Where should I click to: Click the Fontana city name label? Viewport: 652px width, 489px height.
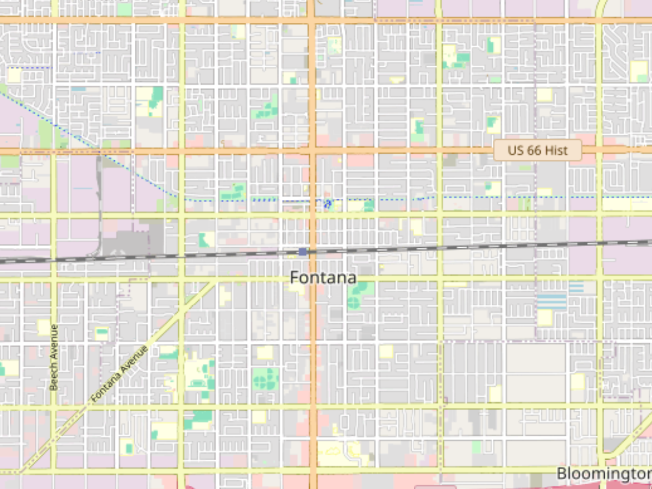point(323,278)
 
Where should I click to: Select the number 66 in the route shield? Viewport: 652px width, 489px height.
point(534,151)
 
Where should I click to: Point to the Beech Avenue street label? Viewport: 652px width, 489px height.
point(54,357)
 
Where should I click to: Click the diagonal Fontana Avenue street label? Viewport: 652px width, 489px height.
point(120,374)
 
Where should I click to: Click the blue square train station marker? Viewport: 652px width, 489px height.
point(303,252)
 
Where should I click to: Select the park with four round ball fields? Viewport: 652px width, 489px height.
point(266,378)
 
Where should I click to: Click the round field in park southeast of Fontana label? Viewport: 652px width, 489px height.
point(354,302)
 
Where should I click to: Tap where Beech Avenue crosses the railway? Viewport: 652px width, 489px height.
point(54,258)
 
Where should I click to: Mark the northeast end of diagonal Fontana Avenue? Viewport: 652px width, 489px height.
point(216,280)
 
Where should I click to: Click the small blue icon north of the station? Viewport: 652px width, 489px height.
point(327,204)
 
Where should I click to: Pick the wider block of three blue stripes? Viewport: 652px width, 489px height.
point(551,301)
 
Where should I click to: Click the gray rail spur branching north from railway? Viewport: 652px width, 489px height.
point(99,206)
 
